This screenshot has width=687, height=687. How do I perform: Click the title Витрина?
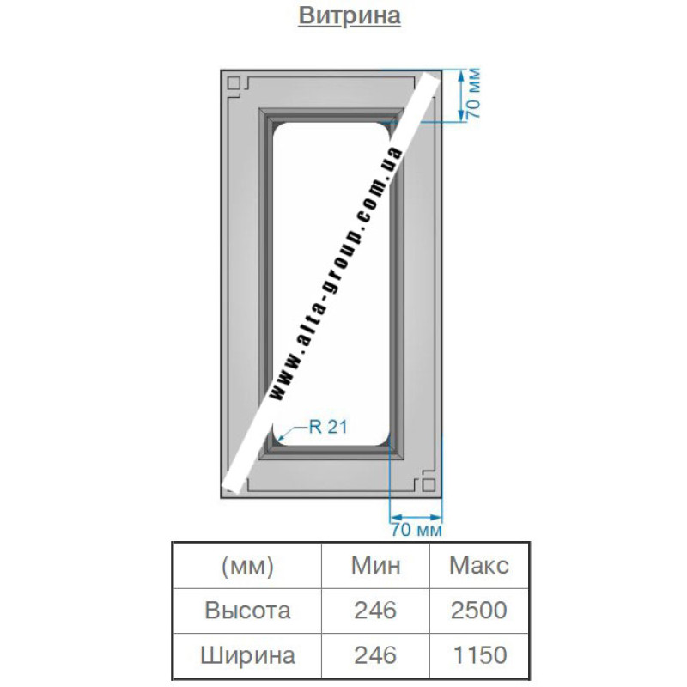coord(350,15)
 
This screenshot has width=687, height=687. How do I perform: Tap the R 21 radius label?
coord(328,427)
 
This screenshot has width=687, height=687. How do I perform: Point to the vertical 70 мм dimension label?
coord(473,93)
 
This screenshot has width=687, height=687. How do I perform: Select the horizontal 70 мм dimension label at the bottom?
coord(416,530)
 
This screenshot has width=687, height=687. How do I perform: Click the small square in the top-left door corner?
coord(234,82)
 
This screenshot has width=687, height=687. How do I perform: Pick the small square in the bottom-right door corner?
coord(429,484)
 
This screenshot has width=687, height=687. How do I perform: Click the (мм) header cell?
coord(247,566)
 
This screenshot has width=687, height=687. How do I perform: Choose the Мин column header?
coord(375,566)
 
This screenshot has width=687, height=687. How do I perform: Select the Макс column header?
coord(479,566)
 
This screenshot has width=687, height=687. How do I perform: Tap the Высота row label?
coord(247,611)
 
